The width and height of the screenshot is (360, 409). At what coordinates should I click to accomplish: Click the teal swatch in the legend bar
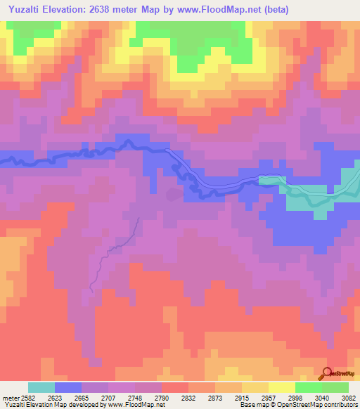(41, 387)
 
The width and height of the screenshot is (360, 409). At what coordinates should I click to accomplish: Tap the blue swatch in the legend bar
(68, 387)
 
